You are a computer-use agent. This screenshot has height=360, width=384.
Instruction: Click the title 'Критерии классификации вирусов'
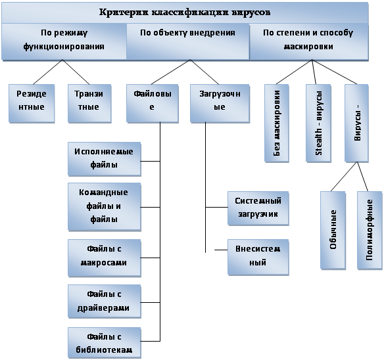pos(185,12)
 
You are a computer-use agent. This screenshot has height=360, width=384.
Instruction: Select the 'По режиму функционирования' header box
pos(64,41)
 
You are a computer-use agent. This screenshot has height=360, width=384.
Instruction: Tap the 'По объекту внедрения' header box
pos(187,41)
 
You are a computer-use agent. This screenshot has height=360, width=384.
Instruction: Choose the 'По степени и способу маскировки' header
pos(308,41)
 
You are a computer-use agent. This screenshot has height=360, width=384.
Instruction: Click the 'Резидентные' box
pos(32,103)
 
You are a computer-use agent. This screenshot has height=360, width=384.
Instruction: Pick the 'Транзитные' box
pos(89,103)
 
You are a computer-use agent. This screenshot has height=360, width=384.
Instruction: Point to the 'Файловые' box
pos(153,103)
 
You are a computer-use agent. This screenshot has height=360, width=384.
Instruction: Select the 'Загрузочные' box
pos(220,103)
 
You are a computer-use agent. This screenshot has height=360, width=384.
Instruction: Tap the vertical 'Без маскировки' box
pos(277,123)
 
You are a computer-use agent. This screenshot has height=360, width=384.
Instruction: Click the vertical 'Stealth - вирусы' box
pos(318,123)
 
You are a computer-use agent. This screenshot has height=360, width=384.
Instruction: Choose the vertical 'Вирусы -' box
pos(356,123)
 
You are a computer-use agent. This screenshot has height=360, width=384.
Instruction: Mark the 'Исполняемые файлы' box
pos(105,159)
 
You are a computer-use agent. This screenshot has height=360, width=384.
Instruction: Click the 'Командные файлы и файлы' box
pos(105,206)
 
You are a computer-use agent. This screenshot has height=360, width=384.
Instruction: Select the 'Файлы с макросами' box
pos(105,258)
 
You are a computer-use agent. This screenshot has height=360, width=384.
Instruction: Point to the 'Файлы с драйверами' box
pos(105,301)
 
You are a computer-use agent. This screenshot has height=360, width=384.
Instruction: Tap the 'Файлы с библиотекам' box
pos(105,343)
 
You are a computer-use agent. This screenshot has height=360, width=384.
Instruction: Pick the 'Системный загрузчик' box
pos(258,208)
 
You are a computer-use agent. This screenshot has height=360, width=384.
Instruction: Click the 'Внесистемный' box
pos(258,258)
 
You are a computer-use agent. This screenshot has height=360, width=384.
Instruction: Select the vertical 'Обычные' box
pos(333,231)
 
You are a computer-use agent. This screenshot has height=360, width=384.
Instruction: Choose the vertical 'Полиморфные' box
pos(370,231)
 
